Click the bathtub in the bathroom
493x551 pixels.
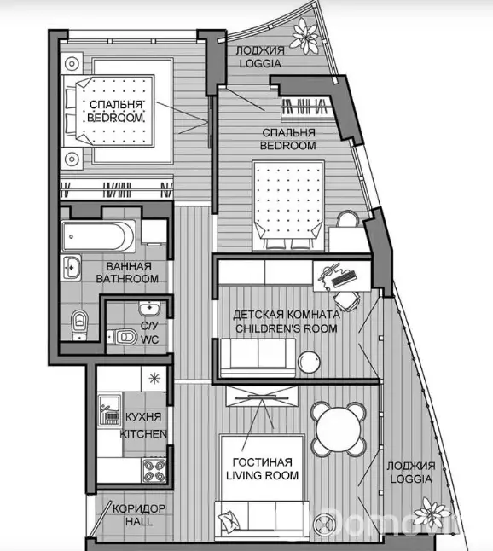tap(98, 236)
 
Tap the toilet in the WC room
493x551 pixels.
tap(122, 337)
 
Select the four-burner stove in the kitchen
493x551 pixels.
tap(154, 471)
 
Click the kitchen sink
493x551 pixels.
tap(110, 409)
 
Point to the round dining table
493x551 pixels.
tap(339, 429)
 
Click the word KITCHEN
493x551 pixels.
tap(143, 434)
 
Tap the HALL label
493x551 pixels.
tap(139, 521)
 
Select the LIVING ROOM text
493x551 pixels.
tap(263, 475)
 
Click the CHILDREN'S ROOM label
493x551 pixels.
tap(287, 328)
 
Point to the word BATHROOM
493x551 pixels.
tap(127, 279)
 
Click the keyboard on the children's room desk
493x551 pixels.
tap(344, 278)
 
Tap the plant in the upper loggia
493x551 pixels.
tap(304, 36)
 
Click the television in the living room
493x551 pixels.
tap(263, 397)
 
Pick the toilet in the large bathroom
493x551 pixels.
tap(80, 324)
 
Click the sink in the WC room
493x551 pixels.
tap(149, 308)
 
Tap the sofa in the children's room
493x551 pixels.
tap(258, 357)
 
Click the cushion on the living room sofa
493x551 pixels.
tap(227, 519)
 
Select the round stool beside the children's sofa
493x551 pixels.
tap(310, 362)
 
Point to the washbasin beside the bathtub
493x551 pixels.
tap(71, 268)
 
